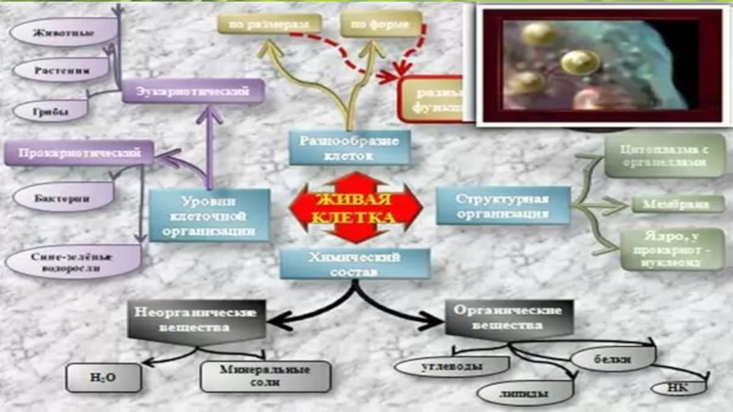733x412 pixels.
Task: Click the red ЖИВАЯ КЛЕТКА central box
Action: tap(356, 210)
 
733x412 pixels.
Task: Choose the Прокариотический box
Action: tap(79, 152)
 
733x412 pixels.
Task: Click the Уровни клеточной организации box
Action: tap(209, 216)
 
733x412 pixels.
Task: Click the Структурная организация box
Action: tap(503, 206)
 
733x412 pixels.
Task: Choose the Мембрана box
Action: tap(666, 203)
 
